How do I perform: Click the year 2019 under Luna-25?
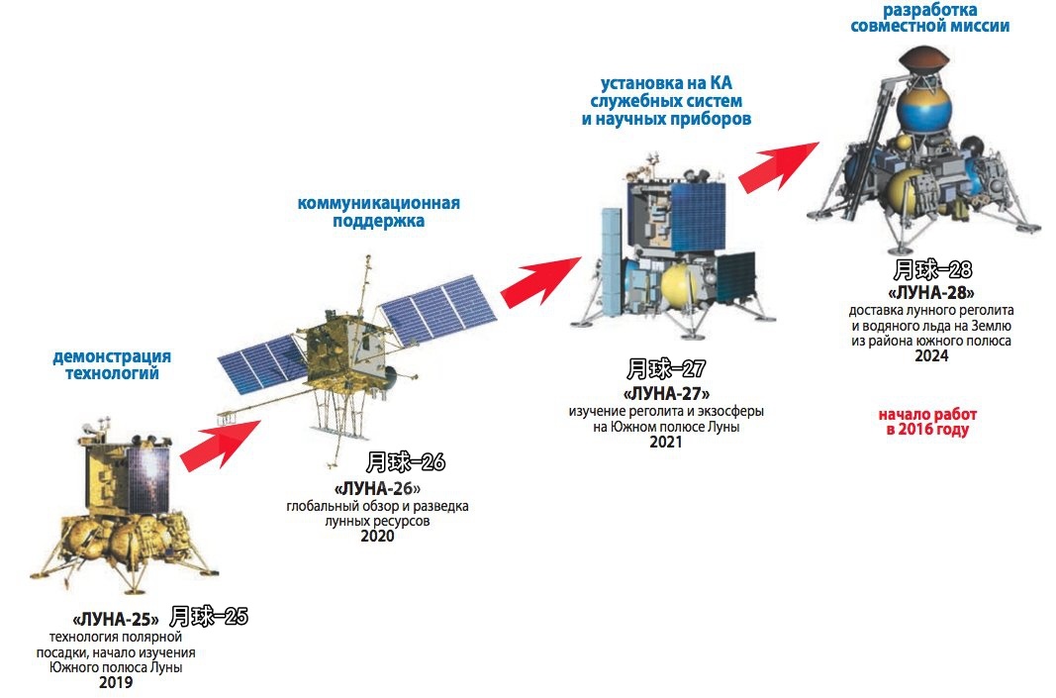click(116, 682)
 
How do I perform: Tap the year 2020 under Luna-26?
click(377, 536)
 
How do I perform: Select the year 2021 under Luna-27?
click(665, 442)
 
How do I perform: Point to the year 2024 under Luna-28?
click(931, 355)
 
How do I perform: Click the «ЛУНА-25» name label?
click(115, 619)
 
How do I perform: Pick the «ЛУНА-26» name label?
click(377, 488)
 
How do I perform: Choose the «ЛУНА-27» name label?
click(666, 393)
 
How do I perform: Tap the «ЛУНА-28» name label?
click(930, 293)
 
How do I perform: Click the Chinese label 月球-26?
click(406, 462)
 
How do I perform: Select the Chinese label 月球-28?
click(932, 270)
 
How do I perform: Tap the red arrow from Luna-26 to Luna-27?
click(540, 280)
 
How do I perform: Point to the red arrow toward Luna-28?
click(779, 166)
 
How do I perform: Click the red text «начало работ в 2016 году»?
click(927, 423)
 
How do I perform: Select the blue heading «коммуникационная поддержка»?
click(378, 212)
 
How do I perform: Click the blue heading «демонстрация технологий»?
click(112, 364)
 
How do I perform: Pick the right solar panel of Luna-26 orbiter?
click(437, 309)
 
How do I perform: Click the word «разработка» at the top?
click(929, 10)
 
